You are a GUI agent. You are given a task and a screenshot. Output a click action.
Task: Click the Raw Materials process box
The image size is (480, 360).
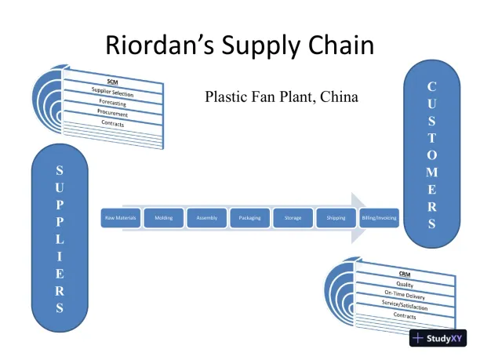click(x=121, y=217)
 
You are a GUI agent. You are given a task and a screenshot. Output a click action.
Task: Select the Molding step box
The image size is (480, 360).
click(x=164, y=217)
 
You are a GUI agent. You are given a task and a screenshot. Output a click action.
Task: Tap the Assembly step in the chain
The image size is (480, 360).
click(x=207, y=217)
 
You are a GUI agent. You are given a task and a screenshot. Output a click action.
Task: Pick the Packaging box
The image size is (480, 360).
click(x=250, y=217)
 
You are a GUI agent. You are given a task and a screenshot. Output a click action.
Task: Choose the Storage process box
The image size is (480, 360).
click(x=293, y=217)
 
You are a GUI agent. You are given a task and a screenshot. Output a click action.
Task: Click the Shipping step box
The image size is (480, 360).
click(x=336, y=217)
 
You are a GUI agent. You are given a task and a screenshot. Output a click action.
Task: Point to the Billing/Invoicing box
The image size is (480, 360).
click(x=379, y=217)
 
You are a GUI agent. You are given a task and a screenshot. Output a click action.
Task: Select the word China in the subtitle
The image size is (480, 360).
click(x=339, y=97)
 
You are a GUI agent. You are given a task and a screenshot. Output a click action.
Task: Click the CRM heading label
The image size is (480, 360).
click(x=405, y=274)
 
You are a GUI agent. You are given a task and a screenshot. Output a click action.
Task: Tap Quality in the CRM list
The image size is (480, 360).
click(x=405, y=285)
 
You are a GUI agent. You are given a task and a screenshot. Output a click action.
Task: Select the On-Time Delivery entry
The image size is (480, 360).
click(x=405, y=296)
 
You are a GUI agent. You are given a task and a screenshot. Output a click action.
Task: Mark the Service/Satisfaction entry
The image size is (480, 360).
click(x=405, y=306)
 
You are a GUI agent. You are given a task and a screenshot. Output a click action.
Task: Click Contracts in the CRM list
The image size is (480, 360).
click(x=405, y=315)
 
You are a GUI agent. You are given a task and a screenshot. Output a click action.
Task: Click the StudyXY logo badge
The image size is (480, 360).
click(x=438, y=339)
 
